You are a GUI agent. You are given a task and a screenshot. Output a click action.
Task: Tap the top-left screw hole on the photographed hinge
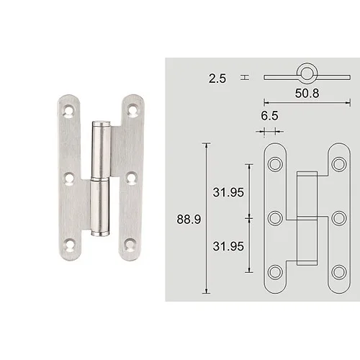coord(70,112)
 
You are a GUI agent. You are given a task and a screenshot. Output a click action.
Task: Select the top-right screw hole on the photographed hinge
coord(132,111)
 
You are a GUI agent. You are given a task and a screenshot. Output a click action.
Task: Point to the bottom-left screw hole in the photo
coord(69,244)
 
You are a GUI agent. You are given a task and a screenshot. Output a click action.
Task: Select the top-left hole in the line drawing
coord(275,165)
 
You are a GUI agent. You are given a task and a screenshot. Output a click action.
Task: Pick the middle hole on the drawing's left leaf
coord(275,218)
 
